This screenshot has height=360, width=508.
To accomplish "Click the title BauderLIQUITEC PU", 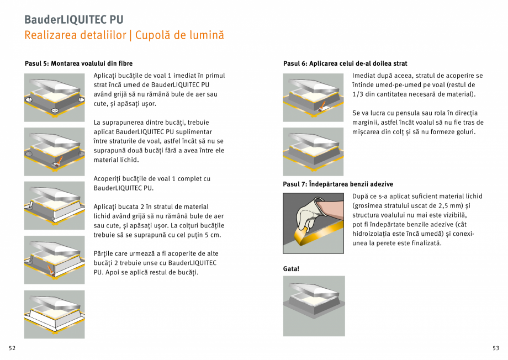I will (73, 20).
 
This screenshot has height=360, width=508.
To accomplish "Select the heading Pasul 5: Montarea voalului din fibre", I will (78, 63).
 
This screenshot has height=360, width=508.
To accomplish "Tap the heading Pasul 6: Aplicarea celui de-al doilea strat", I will (345, 63).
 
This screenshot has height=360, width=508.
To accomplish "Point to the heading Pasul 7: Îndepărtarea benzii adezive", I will (338, 184).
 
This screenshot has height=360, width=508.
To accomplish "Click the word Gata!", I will (291, 268).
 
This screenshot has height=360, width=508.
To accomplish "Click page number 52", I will (12, 348).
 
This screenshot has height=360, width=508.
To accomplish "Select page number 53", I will (496, 348).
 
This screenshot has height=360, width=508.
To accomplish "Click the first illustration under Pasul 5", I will (54, 97).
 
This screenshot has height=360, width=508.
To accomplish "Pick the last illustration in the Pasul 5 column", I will (54, 314).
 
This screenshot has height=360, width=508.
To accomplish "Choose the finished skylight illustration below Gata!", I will (314, 305).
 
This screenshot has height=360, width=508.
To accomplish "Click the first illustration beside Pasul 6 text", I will (313, 97).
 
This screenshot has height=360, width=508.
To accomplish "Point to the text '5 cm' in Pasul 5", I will (213, 235).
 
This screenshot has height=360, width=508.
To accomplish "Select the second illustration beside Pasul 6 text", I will (313, 151).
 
